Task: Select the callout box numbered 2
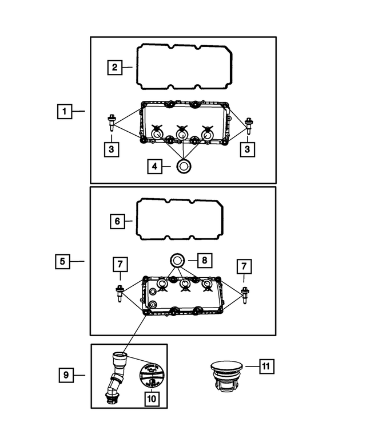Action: pyautogui.click(x=115, y=68)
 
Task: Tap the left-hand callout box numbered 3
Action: pyautogui.click(x=112, y=149)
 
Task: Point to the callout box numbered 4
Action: pyautogui.click(x=154, y=167)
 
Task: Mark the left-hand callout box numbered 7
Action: pyautogui.click(x=120, y=265)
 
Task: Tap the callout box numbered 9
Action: pyautogui.click(x=66, y=375)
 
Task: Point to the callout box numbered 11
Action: pyautogui.click(x=266, y=365)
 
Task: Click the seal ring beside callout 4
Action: pyautogui.click(x=184, y=167)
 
